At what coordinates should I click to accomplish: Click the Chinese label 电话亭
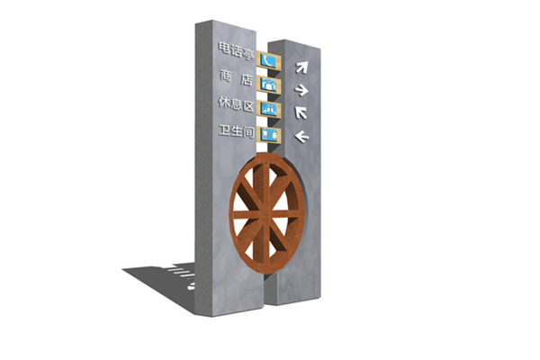tap(237, 51)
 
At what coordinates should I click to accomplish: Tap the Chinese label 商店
tap(237, 77)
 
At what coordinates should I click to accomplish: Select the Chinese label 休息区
tap(237, 103)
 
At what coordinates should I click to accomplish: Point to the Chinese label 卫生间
tap(237, 130)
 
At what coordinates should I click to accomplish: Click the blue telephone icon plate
tap(268, 60)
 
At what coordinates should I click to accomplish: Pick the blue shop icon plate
tap(268, 85)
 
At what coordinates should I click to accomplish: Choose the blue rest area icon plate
tap(268, 109)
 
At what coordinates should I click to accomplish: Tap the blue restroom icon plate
tap(269, 134)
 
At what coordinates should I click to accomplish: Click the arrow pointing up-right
tap(301, 67)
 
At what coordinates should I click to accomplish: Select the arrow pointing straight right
tap(301, 90)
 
